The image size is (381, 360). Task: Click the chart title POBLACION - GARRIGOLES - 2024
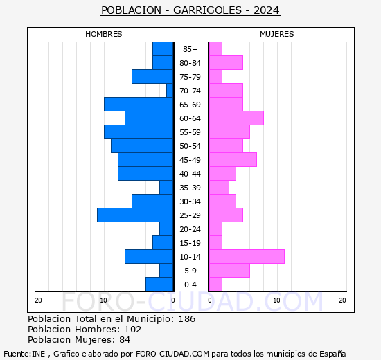coord(190,10)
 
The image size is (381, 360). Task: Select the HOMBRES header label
coord(104,34)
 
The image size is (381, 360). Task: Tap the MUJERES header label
coord(276,34)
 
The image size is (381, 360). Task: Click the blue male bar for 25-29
coord(135,215)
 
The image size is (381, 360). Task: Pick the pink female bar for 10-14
coord(246,256)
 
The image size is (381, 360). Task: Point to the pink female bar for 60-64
coord(236,118)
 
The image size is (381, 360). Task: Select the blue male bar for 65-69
coord(139,104)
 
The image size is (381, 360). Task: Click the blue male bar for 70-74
coord(170,90)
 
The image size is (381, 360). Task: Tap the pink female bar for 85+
coord(215,48)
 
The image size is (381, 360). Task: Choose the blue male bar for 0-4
coord(159,284)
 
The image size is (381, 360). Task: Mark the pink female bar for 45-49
coord(232,159)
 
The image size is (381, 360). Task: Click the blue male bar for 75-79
coord(152,76)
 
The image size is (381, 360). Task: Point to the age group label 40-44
coord(190,174)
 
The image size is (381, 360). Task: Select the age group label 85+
coord(190,49)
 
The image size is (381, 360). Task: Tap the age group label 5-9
coord(190,271)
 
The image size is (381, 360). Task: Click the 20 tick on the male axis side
coord(39,300)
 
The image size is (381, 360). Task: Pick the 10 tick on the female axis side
coord(276,300)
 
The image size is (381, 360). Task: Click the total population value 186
coord(186,319)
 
